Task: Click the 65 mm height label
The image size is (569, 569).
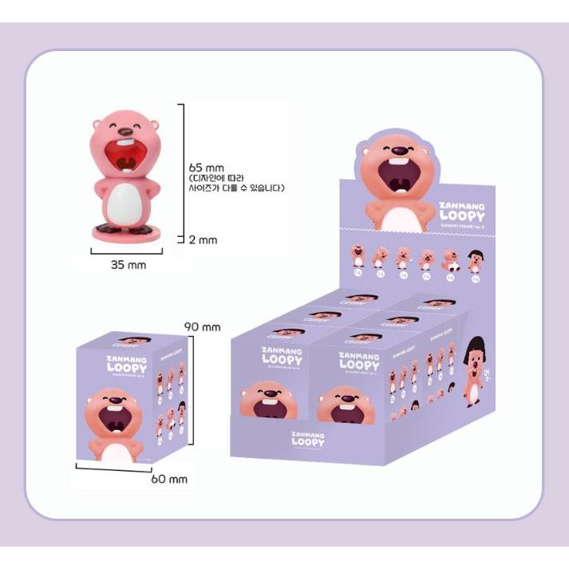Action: (207, 168)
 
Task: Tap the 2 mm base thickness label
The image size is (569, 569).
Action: (205, 239)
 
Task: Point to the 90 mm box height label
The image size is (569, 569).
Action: (203, 326)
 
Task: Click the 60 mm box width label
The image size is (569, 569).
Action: (169, 479)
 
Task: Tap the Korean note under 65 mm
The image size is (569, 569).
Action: (237, 184)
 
